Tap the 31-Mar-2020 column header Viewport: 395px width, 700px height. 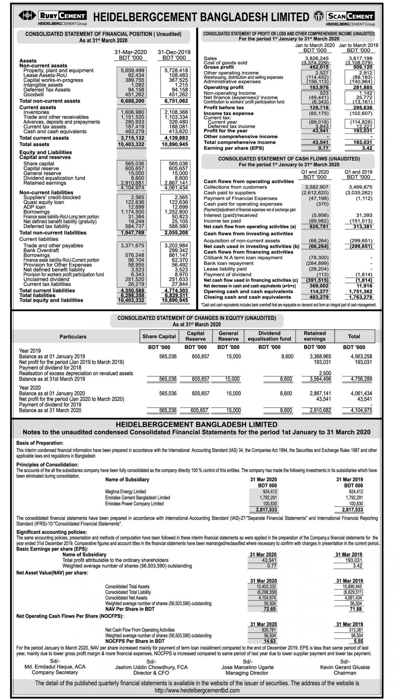click(131, 52)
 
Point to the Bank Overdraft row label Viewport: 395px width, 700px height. click(41, 250)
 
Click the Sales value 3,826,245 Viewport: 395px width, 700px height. click(317, 58)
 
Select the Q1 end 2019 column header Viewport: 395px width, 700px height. click(358, 172)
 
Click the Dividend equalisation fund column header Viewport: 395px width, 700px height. click(269, 336)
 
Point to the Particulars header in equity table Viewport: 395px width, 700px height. click(73, 337)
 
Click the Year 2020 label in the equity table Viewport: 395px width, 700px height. click(30, 388)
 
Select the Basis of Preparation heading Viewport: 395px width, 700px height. click(40, 443)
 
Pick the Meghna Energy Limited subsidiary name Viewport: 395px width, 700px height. click(126, 492)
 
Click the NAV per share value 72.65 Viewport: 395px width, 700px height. click(270, 609)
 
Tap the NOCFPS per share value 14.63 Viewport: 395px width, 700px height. click(270, 641)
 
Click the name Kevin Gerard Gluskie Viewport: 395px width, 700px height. click(345, 667)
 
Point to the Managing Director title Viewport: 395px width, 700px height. click(247, 673)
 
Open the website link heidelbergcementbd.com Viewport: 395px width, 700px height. click(197, 690)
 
